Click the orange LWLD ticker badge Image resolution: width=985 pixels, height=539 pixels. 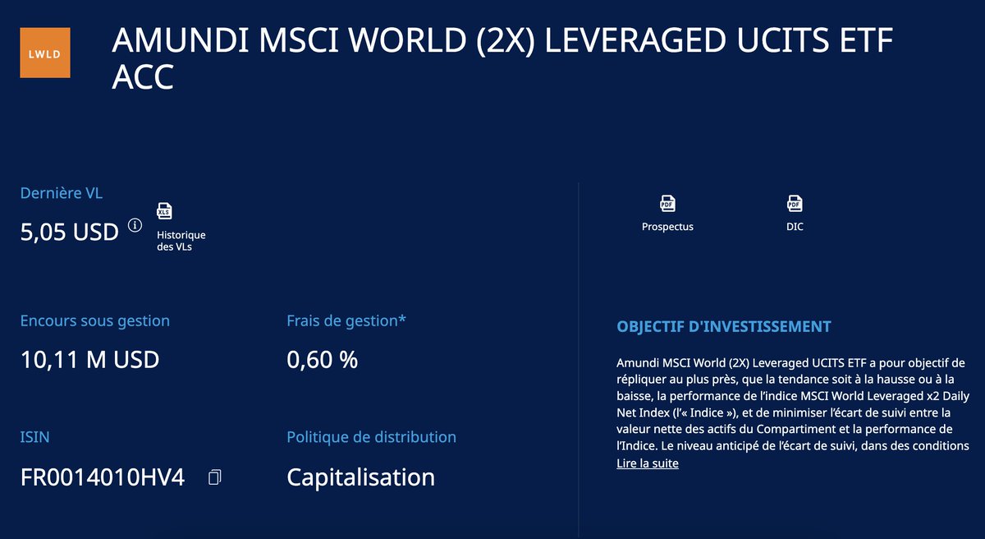(45, 53)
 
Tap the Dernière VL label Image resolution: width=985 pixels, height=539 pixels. (62, 194)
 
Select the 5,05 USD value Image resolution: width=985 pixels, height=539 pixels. (70, 233)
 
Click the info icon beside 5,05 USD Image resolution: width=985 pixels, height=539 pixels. (135, 225)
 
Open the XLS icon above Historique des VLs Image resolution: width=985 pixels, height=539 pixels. (165, 211)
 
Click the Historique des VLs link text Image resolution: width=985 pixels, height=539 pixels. (181, 241)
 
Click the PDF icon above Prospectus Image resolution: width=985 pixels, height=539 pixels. (667, 203)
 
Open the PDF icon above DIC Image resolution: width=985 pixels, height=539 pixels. (795, 203)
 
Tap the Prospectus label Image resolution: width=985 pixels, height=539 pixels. (667, 227)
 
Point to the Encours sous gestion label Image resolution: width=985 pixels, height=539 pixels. (94, 320)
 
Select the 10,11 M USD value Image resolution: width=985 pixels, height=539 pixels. (89, 359)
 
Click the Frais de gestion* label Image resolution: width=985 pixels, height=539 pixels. (346, 320)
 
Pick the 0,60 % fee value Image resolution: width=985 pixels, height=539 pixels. (322, 359)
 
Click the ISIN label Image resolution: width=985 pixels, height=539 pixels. (34, 437)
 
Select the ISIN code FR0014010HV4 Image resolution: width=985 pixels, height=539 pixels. (103, 477)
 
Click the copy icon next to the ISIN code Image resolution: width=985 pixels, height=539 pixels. (215, 477)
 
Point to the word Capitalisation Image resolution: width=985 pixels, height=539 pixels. (360, 477)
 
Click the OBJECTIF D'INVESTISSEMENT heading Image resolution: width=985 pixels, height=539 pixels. (724, 326)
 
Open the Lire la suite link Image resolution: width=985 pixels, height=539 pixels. (648, 463)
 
